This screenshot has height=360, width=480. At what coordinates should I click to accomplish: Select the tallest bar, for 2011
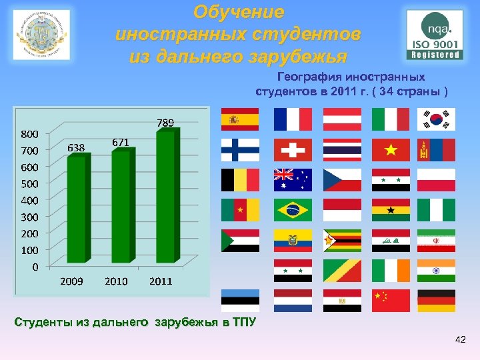click(165, 196)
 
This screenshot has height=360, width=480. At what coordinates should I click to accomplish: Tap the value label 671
click(121, 142)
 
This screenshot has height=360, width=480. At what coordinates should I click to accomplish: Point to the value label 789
click(165, 123)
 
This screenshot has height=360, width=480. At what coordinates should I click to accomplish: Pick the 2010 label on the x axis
click(116, 281)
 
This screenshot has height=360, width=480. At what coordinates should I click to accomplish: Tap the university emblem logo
click(41, 35)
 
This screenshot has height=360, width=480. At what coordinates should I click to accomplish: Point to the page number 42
click(459, 341)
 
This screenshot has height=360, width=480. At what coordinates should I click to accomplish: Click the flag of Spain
click(240, 119)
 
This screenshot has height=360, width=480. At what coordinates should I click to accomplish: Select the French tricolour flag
click(292, 119)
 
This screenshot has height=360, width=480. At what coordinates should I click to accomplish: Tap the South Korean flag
click(436, 119)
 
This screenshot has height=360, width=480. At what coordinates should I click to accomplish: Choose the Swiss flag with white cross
click(292, 150)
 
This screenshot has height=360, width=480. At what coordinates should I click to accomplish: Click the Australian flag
click(292, 180)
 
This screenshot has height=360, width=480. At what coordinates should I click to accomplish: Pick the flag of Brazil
click(292, 210)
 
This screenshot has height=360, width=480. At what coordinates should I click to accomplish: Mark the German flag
click(436, 301)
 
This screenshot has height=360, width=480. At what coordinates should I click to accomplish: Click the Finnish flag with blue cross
click(240, 150)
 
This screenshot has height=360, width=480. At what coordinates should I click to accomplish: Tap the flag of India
click(436, 271)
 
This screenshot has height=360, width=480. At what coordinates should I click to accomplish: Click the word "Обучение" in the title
click(239, 12)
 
